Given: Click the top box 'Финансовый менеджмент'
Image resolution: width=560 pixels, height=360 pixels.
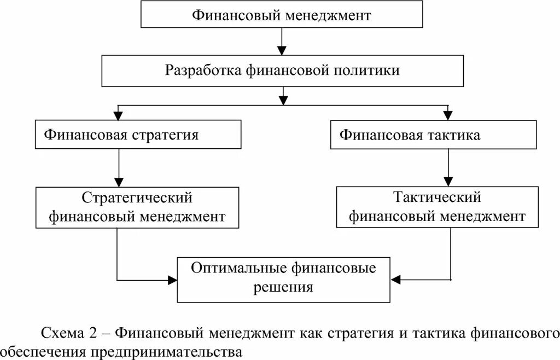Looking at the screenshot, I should [282, 14].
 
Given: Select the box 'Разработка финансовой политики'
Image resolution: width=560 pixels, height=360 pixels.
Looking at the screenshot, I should [282, 71].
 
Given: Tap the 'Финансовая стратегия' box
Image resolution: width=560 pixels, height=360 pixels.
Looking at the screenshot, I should [138, 135].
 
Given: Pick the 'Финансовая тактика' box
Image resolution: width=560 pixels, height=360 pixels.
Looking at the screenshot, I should [433, 135].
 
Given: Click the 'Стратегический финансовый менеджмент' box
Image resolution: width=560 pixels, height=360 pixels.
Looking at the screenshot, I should [137, 207].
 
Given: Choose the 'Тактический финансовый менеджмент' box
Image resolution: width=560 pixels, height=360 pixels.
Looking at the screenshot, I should [437, 207].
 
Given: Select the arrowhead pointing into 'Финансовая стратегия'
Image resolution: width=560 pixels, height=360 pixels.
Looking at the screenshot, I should [118, 116].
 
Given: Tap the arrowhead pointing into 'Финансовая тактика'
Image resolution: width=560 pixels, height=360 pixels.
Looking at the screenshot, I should [448, 116].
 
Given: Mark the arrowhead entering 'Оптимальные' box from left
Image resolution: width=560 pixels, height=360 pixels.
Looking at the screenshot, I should [172, 280].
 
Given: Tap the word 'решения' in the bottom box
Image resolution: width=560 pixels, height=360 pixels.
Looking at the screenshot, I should [283, 288].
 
